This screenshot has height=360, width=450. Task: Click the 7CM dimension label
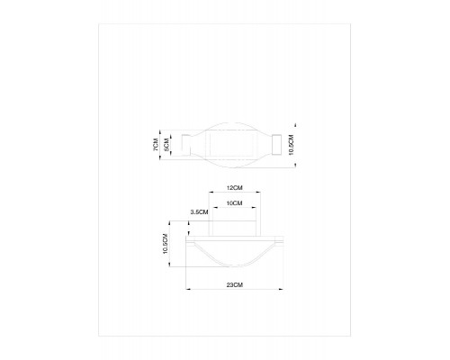[x=156, y=145]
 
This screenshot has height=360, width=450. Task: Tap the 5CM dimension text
[x=166, y=145]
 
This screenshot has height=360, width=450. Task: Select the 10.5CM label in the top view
[x=291, y=145]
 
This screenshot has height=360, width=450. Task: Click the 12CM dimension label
[x=235, y=188]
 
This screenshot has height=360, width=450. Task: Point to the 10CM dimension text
[x=235, y=203]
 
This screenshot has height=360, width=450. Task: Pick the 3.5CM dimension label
[x=199, y=212]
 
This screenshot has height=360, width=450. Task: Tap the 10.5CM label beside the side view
[x=166, y=244]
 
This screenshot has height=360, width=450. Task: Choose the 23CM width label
[x=235, y=285]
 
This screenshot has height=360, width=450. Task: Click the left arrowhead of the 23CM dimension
[x=188, y=289]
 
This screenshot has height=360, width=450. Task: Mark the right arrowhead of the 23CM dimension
[x=281, y=289]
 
